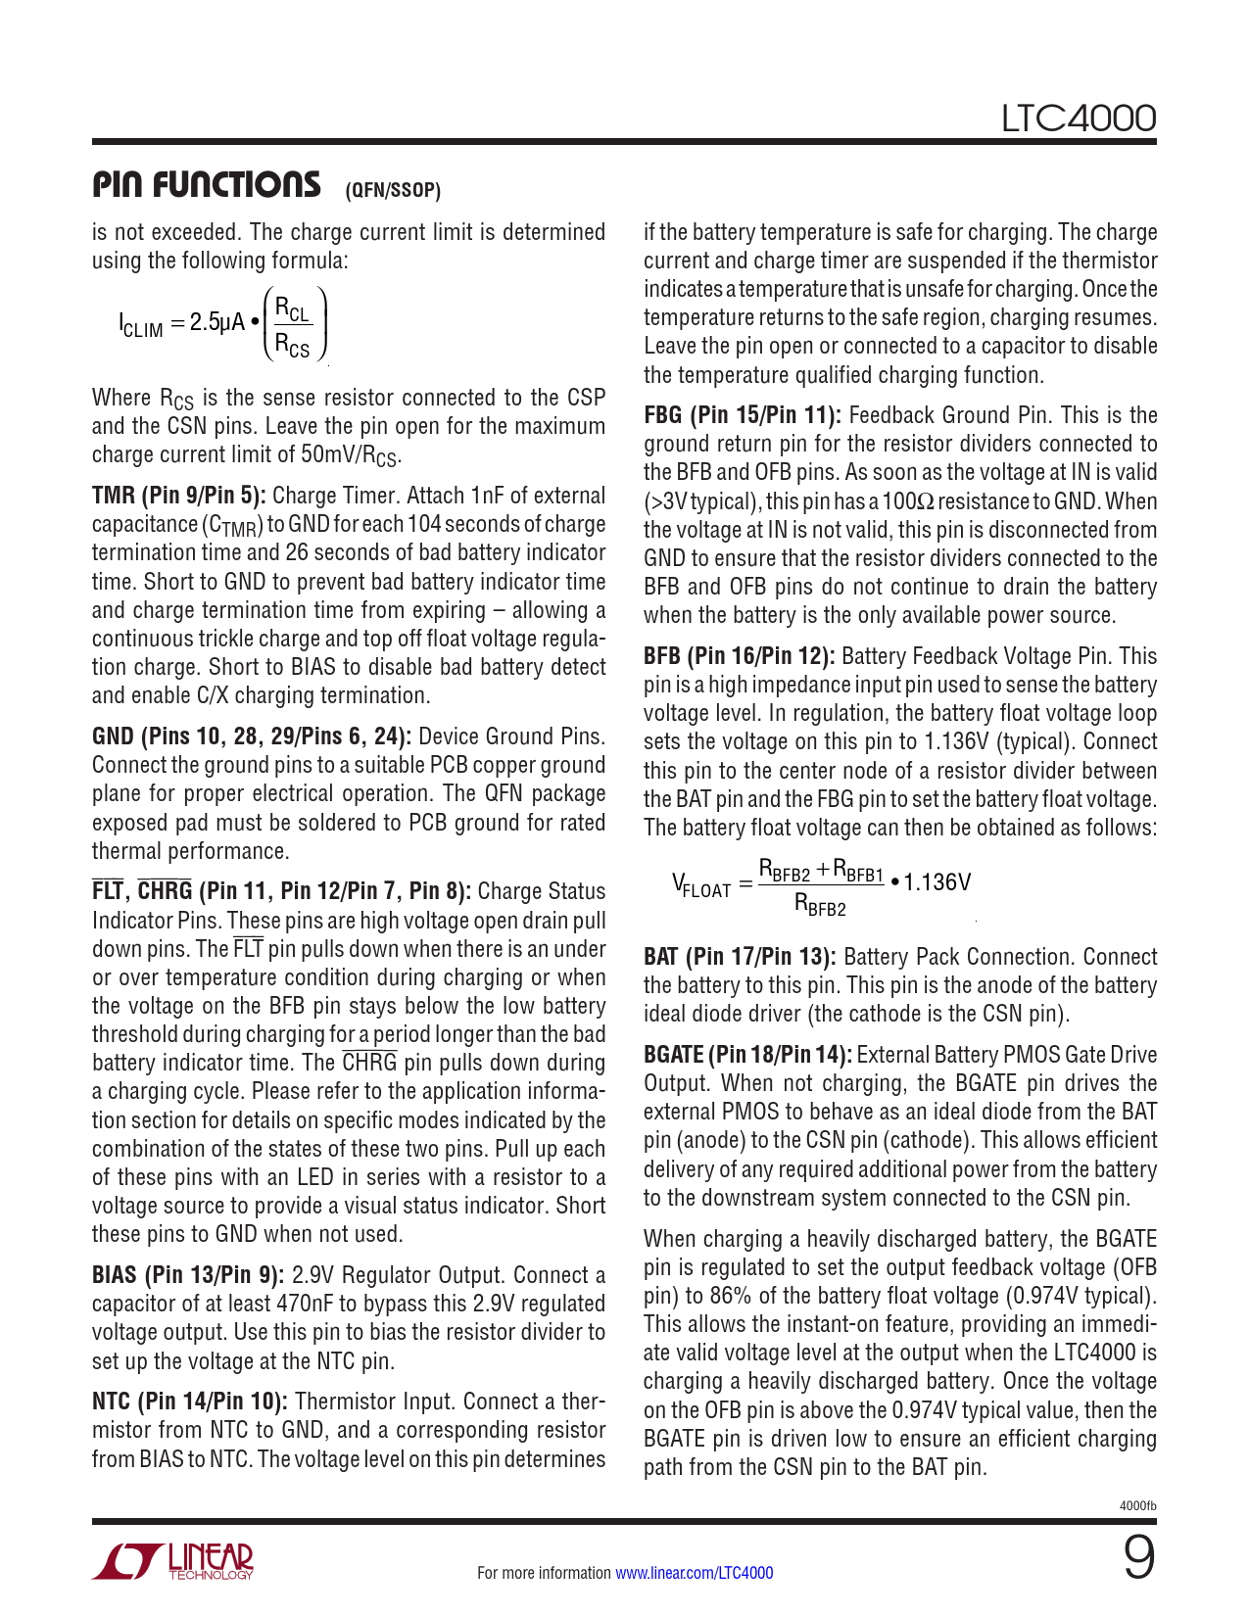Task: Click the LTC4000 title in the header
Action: [1078, 119]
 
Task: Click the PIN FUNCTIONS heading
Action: [206, 184]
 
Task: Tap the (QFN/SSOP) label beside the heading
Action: [393, 190]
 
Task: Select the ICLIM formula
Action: [223, 323]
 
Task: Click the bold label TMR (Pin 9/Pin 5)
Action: [178, 496]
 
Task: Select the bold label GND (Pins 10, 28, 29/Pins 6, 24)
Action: [252, 737]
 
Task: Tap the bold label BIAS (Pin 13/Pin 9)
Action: [188, 1275]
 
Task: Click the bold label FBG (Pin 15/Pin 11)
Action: [742, 415]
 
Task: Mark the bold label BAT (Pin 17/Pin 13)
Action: [740, 957]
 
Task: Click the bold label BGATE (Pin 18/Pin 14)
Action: [747, 1055]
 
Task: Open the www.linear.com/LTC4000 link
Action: [694, 1573]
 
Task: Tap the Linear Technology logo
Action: [173, 1561]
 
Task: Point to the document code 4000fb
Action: [1137, 1505]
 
